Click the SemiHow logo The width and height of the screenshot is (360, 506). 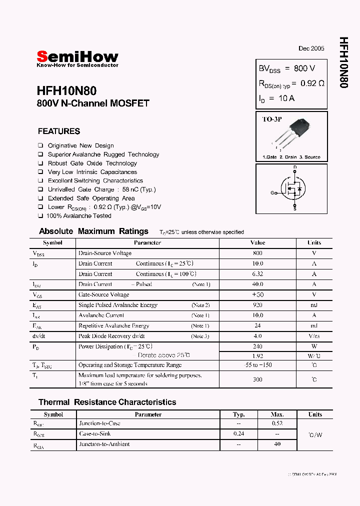pos(77,57)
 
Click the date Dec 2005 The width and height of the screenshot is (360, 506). pos(311,48)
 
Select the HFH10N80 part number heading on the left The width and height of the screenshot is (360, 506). pos(66,91)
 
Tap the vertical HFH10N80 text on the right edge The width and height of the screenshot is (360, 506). pos(343,62)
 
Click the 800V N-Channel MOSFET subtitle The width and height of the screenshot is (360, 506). pos(93,103)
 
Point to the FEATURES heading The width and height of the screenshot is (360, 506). pos(59,131)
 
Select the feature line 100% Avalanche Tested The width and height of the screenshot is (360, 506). pos(78,216)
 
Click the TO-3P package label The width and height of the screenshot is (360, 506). pos(272,119)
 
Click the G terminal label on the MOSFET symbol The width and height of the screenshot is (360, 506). pos(273,192)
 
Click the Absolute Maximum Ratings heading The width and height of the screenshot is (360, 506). pos(93,231)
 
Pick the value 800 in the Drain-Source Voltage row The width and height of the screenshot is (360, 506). pos(257,253)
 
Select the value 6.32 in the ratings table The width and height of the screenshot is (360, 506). pos(257,274)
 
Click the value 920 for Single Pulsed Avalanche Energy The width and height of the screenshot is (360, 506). pos(257,305)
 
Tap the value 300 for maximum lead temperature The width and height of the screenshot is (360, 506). pos(257,379)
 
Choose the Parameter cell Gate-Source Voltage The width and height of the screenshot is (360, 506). pos(103,294)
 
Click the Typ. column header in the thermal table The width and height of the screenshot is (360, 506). pos(239,414)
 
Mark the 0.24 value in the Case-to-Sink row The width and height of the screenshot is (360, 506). pos(239,434)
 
